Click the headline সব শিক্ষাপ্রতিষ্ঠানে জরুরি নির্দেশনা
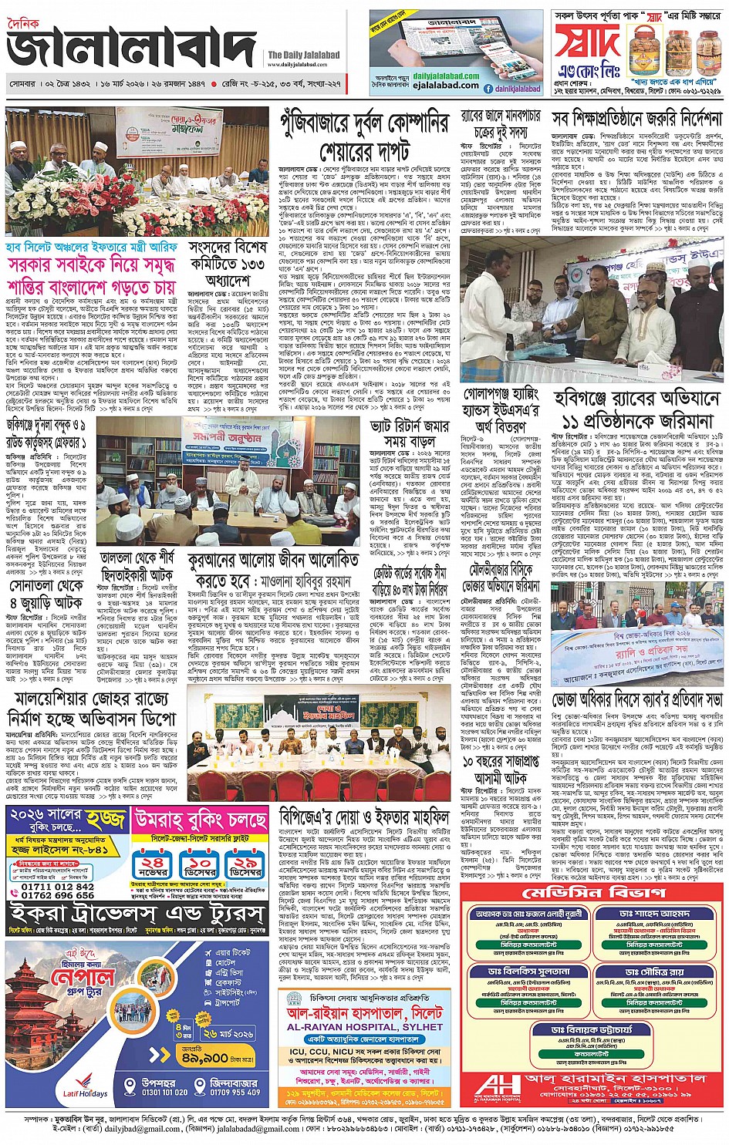[x=637, y=120]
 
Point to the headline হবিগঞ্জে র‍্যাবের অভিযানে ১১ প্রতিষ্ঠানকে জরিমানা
[x=637, y=409]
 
